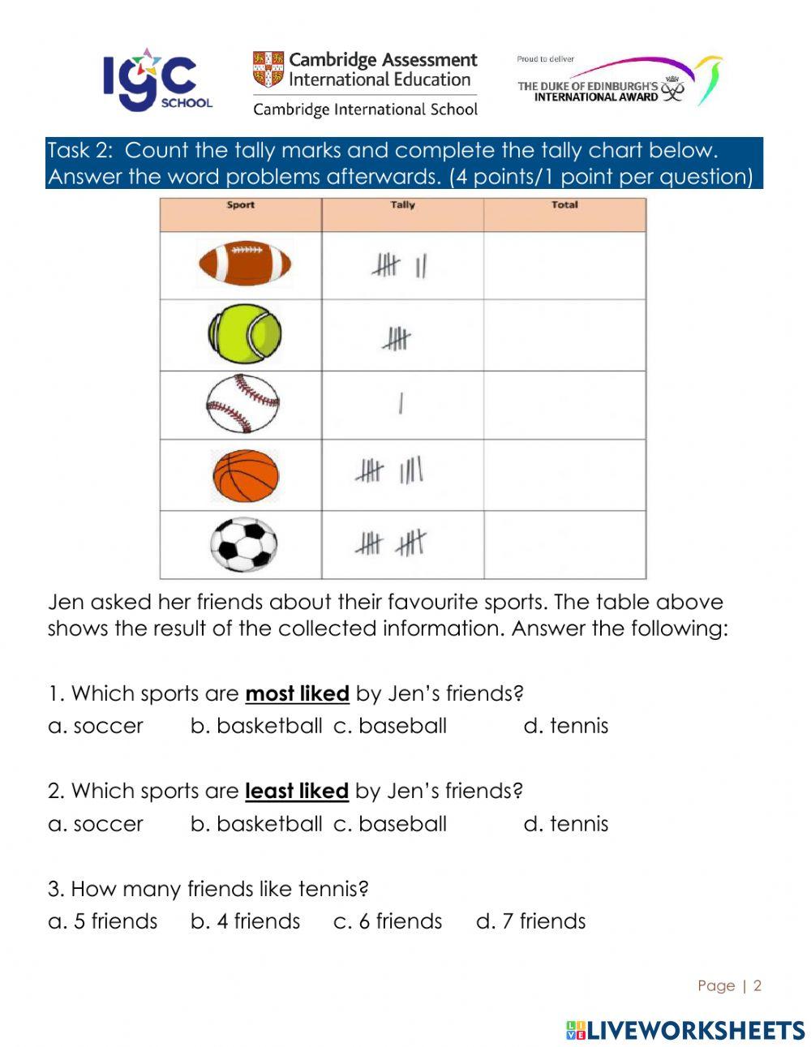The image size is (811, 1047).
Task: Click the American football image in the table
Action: [x=244, y=264]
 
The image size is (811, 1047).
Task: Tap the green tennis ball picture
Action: [x=244, y=334]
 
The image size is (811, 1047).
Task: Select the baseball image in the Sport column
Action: [x=242, y=404]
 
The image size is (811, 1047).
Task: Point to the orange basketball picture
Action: [x=245, y=475]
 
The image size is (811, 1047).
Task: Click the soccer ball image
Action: [x=243, y=544]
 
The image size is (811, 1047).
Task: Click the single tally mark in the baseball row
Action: [x=401, y=403]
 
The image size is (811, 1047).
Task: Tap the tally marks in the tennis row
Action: [x=396, y=338]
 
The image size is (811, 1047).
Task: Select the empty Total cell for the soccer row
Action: [x=564, y=544]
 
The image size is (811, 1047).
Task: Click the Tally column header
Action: [x=402, y=205]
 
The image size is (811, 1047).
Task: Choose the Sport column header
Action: [x=240, y=205]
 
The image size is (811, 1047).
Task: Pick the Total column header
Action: [x=564, y=205]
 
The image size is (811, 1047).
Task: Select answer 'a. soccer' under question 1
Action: [x=96, y=726]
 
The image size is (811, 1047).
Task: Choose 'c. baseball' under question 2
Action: [x=390, y=824]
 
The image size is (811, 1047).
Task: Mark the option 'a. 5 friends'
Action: [x=103, y=921]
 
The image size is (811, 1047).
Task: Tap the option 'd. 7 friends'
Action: [x=530, y=921]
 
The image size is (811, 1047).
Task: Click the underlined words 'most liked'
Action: [x=297, y=694]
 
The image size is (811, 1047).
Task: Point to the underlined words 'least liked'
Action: [x=296, y=792]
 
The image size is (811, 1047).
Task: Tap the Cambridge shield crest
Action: [x=268, y=70]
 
